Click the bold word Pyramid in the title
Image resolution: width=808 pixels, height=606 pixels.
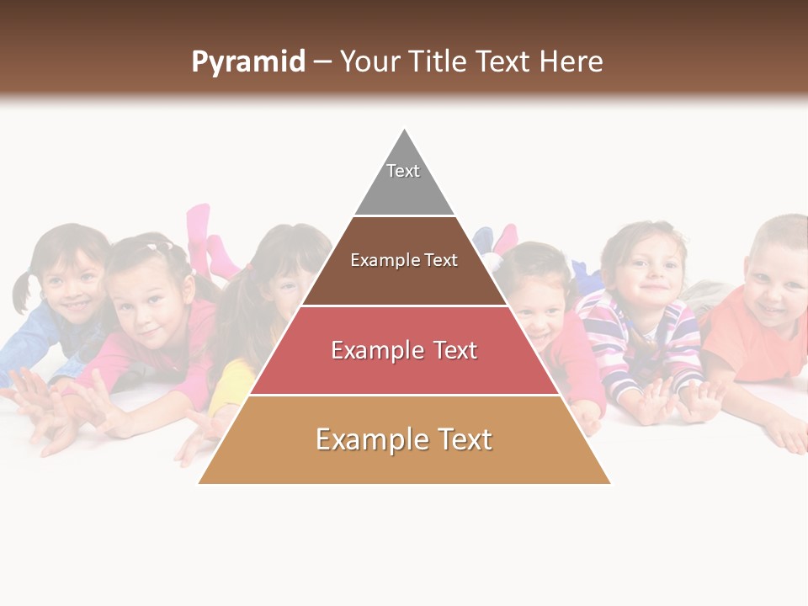pos(248,62)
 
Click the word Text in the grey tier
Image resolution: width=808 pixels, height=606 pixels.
pos(403,171)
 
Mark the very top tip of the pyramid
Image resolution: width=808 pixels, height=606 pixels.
pos(405,130)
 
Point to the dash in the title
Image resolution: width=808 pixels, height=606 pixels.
pos(322,62)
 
